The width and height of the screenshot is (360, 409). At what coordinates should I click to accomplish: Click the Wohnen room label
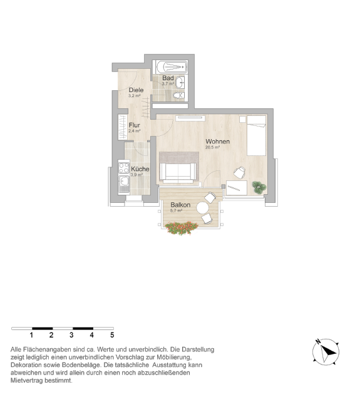(217, 142)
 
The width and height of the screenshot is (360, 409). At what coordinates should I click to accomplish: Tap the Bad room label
(168, 78)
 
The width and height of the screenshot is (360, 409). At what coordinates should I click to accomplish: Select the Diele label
(136, 90)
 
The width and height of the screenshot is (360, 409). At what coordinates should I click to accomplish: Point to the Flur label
(134, 125)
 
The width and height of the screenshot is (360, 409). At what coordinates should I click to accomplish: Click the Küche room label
(140, 168)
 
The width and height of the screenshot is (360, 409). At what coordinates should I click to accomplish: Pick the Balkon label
(180, 205)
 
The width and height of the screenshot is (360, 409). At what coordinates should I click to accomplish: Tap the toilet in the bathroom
(179, 95)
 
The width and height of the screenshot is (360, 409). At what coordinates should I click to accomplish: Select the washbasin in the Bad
(180, 83)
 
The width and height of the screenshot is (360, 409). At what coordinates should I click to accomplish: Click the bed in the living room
(256, 136)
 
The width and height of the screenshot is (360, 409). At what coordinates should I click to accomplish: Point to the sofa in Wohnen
(178, 172)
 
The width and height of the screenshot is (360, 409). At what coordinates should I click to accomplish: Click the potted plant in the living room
(259, 187)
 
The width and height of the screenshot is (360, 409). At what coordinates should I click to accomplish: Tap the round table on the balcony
(203, 208)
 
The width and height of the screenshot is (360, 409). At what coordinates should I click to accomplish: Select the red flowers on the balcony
(182, 228)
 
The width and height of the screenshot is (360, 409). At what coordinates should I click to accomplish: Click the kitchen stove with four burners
(123, 167)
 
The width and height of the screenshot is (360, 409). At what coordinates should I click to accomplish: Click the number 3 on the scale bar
(71, 335)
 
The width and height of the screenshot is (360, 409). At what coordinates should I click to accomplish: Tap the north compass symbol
(326, 352)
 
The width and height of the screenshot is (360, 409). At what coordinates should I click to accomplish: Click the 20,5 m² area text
(212, 147)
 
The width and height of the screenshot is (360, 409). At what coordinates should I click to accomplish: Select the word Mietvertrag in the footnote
(26, 381)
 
